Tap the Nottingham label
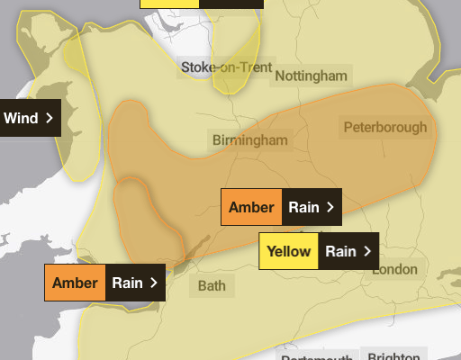(310, 76)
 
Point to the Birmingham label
(250, 139)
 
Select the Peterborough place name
(385, 127)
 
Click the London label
(395, 269)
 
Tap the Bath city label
(212, 286)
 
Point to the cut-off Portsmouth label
(315, 356)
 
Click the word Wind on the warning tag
(21, 118)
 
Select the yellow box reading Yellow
(288, 251)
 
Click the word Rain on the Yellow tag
(340, 251)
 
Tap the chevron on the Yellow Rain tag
(366, 251)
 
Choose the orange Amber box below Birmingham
(251, 207)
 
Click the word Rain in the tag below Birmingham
(303, 207)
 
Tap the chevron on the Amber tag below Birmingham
(330, 207)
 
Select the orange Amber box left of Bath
(75, 283)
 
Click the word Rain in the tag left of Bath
(127, 283)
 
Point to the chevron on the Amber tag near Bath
(154, 283)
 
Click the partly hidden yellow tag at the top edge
(169, 3)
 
